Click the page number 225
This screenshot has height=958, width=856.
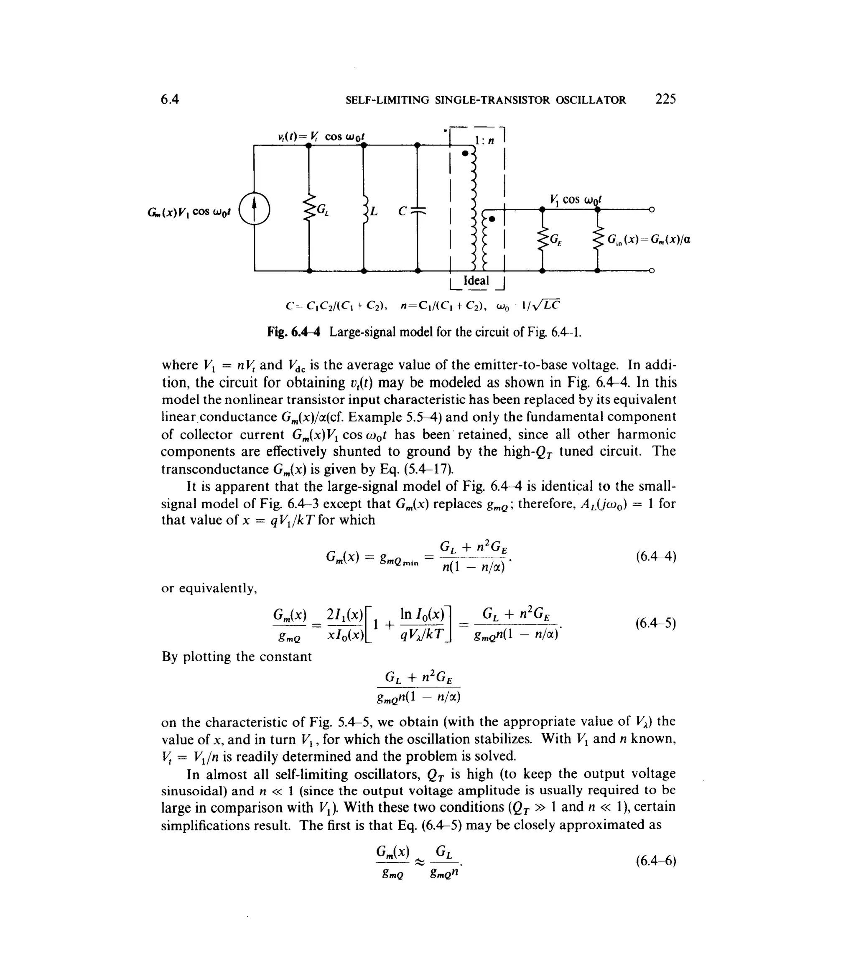coord(665,99)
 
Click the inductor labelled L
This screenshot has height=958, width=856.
coord(364,210)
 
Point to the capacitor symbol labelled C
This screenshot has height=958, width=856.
coord(418,210)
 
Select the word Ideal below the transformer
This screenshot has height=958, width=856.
coord(476,281)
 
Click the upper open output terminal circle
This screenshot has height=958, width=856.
coord(652,209)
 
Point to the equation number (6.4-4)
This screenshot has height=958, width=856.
coord(656,557)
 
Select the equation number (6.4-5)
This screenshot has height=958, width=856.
coord(656,624)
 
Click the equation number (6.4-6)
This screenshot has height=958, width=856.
coord(656,861)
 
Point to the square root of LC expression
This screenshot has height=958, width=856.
coord(548,305)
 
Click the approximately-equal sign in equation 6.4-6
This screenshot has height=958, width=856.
coord(420,862)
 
